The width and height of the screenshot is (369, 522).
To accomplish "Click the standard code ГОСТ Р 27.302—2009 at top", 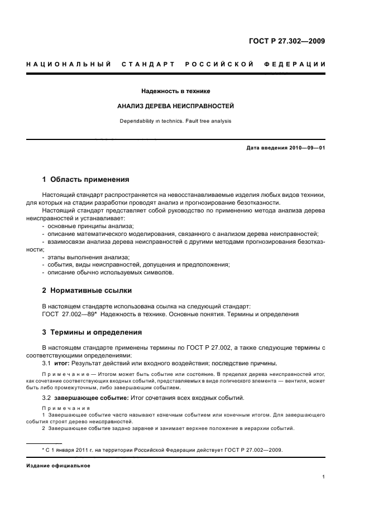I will coord(287,41).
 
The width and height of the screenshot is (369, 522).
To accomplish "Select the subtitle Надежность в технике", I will coord(175,90).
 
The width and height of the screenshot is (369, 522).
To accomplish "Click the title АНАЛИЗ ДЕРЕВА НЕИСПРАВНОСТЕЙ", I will coord(175,105).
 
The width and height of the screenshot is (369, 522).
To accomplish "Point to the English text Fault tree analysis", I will coord(208,120).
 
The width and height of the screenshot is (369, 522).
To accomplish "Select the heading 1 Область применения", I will coord(86,180).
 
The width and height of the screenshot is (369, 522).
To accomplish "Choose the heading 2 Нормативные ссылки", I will coord(87,291).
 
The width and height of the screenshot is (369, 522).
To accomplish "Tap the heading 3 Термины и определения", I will coord(92,333).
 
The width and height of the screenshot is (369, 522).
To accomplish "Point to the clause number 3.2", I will coord(47,398).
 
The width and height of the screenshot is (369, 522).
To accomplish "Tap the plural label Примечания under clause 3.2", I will coord(63,408).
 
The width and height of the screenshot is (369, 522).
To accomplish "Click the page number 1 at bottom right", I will coord(324,477).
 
